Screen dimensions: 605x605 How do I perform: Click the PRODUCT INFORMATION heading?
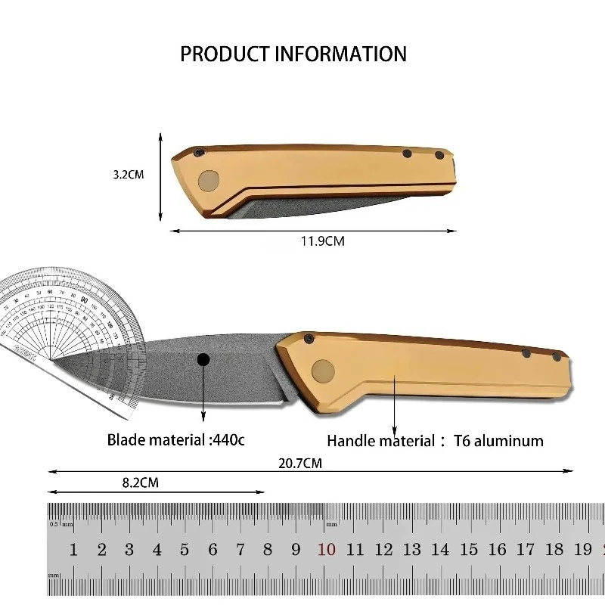(293, 54)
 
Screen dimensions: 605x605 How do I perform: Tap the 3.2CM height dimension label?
(129, 174)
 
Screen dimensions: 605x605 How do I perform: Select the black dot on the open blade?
(203, 361)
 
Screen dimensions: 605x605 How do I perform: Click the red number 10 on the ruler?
(327, 550)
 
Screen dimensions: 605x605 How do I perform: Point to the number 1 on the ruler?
(73, 550)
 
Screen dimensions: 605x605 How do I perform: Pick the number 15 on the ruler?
(469, 550)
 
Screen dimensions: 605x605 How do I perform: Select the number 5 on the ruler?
(185, 550)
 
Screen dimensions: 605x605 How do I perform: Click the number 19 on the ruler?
(582, 550)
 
